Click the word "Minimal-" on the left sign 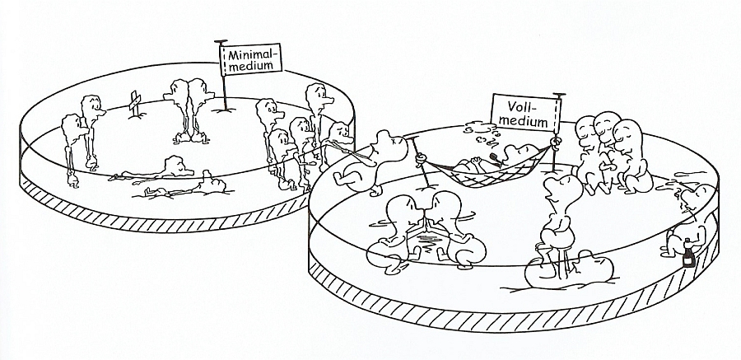[x=251, y=54]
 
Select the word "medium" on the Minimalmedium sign [x=250, y=65]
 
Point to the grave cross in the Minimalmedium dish [x=135, y=103]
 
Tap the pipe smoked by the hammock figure [x=494, y=157]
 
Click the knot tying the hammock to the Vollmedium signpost [x=556, y=141]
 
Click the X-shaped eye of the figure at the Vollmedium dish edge [x=394, y=140]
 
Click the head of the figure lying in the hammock [x=520, y=153]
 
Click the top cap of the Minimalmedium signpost [x=221, y=42]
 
